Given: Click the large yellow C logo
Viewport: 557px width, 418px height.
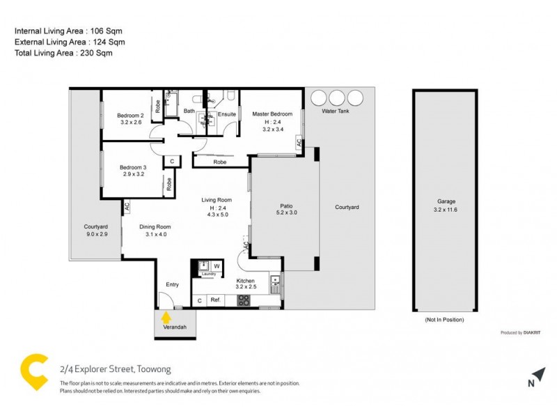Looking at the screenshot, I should (35, 373).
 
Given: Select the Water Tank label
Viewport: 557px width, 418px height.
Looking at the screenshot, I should (335, 111).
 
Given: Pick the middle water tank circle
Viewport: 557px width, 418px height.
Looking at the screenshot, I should (337, 97).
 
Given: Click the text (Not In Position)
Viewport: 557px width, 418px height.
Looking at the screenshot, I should (444, 319).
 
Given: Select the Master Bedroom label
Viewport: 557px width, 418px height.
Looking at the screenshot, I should (272, 115).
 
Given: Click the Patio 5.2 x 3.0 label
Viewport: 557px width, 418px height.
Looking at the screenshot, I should (285, 210).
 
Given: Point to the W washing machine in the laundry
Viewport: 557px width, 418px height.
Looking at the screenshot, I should (217, 265).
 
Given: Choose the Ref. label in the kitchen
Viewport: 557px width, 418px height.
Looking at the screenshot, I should (216, 300).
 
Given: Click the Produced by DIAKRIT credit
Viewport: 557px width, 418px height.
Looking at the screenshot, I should (521, 332).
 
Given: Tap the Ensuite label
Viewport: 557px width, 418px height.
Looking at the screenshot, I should (227, 114).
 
